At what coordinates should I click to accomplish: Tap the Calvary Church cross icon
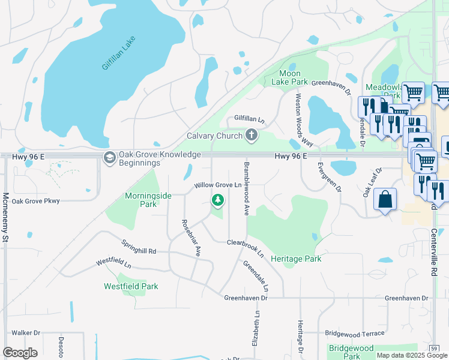(252, 136)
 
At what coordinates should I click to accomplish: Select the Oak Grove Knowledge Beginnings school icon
(109, 158)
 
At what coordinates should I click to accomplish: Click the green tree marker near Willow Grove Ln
(218, 200)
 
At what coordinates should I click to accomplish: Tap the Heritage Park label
(296, 259)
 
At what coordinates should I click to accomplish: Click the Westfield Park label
(131, 286)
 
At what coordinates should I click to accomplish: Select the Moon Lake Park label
(289, 77)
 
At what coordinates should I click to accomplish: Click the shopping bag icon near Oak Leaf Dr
(385, 200)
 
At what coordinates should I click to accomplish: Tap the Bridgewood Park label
(351, 352)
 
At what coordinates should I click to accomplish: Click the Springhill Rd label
(139, 247)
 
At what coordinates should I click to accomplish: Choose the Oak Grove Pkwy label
(36, 201)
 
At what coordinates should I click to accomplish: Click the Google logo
(20, 353)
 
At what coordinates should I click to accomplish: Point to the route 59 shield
(433, 348)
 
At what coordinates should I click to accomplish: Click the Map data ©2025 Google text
(411, 355)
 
